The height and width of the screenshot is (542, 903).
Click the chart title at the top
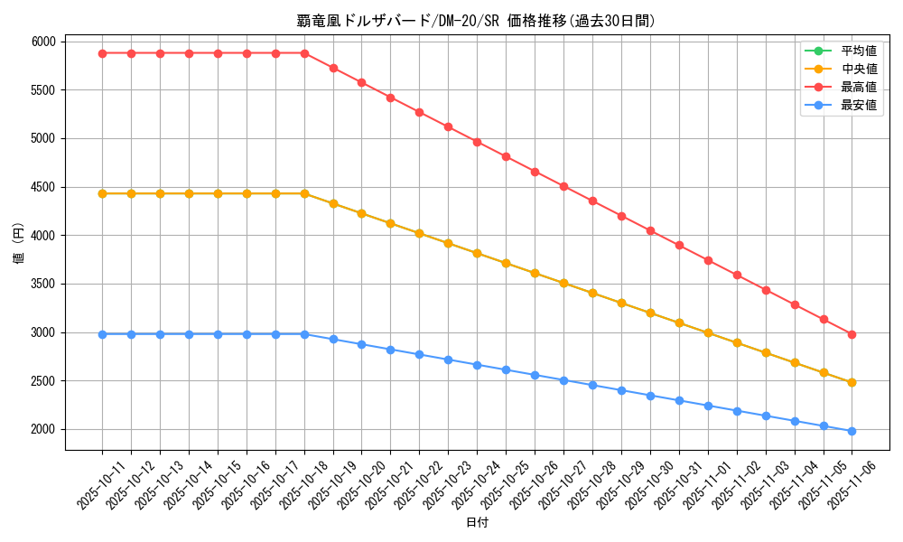(477, 21)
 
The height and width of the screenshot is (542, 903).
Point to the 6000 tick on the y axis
(43, 42)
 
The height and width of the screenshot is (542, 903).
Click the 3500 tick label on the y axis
(43, 284)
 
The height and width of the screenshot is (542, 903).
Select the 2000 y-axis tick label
(43, 429)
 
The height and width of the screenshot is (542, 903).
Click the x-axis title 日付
(477, 523)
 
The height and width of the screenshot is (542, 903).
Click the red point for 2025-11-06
(852, 334)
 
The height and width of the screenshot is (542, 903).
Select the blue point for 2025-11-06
(852, 431)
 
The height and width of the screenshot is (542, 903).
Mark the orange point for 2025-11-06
(852, 382)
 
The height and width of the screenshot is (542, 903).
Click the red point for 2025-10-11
(102, 53)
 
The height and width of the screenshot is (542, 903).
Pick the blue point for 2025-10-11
(102, 334)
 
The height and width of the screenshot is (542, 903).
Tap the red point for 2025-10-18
(304, 53)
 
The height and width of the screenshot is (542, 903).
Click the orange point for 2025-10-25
(506, 263)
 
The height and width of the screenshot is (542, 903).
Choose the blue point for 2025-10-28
(592, 385)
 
